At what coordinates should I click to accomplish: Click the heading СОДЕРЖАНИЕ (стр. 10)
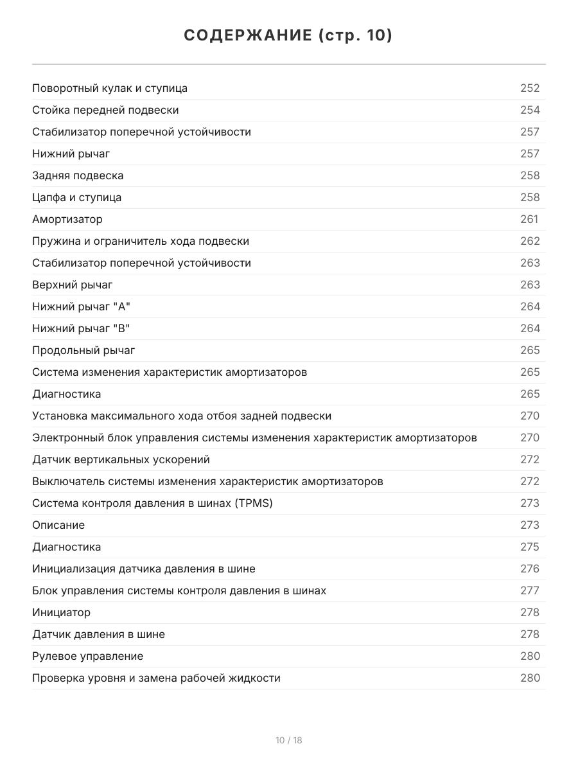(288, 36)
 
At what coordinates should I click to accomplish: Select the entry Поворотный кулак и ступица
(110, 88)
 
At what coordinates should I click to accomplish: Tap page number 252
(530, 88)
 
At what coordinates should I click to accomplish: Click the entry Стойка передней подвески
(105, 110)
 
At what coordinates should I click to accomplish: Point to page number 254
(530, 110)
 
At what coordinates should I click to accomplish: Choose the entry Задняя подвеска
(78, 175)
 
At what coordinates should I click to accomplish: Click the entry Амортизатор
(67, 219)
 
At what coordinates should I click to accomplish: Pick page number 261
(529, 219)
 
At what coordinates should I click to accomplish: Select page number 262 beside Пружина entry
(530, 241)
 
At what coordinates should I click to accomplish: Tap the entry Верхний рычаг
(73, 285)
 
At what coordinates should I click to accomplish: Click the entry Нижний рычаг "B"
(81, 328)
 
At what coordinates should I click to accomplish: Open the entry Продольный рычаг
(83, 350)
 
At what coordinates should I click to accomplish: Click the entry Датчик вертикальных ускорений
(121, 459)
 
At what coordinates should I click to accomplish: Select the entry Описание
(58, 525)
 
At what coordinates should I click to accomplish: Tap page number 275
(530, 547)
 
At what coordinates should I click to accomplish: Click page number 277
(530, 590)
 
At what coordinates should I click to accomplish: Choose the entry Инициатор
(62, 612)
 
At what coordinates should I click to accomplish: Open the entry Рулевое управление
(88, 656)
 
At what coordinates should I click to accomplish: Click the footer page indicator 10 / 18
(289, 740)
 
